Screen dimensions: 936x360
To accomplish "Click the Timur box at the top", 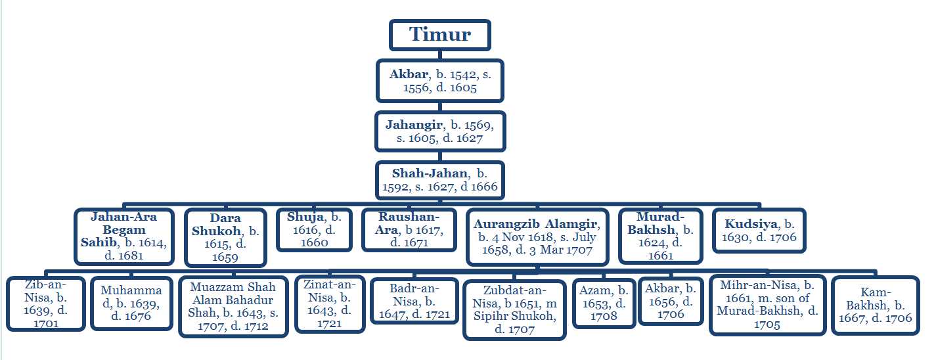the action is pos(440,35).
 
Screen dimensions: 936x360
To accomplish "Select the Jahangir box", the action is pos(440,131).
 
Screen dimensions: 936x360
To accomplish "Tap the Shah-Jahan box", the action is pos(440,180).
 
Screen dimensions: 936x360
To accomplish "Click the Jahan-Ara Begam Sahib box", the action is pos(124,236).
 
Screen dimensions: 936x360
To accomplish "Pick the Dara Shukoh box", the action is pos(226,238).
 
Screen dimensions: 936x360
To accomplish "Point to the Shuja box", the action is pos(314,230).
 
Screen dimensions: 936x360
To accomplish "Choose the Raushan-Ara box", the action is pos(409,230).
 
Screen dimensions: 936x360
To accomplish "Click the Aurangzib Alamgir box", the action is pos(537,236).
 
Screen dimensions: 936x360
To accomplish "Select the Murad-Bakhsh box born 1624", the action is pos(661,236).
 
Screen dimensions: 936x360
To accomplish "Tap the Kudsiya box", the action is pos(759,231).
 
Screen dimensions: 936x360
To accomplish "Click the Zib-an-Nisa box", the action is pos(46,304).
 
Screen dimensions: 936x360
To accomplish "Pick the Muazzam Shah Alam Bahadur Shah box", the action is pos(233,307).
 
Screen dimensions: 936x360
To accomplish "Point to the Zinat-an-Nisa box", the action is pos(330,304).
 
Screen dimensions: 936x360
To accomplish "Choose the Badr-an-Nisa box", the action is pos(414,301).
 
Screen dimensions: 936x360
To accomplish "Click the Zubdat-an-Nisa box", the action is pos(514,309).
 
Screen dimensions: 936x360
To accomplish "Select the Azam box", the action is pos(604,303).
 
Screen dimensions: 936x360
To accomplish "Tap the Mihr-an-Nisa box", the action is pos(768,305).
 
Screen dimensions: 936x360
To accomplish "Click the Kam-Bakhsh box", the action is pos(876,305).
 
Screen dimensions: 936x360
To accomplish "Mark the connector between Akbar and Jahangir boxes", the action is pos(440,106).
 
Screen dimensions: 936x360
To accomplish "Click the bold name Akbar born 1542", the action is pos(409,74).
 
